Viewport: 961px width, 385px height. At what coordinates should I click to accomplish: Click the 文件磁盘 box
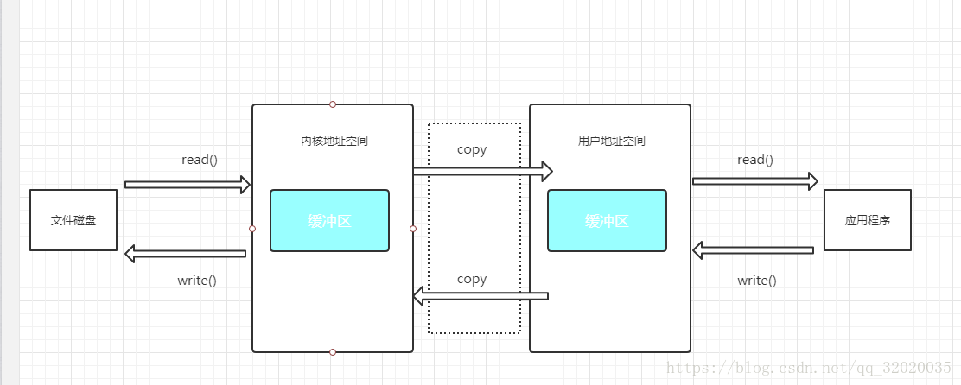coord(73,220)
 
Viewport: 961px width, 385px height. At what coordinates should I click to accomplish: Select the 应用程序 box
coord(867,220)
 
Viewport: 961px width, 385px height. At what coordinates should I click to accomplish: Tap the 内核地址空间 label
coord(334,141)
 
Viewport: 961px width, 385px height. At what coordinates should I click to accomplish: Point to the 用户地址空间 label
coord(611,141)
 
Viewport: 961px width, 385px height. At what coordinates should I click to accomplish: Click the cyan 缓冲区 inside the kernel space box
coord(329,221)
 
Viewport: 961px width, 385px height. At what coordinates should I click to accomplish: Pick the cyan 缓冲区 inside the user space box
coord(607,221)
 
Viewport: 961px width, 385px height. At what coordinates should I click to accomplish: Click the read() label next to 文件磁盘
coord(200,160)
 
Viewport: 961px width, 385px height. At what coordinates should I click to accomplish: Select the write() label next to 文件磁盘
coord(197,281)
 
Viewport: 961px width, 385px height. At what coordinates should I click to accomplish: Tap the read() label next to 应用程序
coord(754,160)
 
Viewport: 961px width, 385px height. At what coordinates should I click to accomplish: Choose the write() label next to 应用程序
coord(756,281)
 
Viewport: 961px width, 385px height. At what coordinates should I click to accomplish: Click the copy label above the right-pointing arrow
coord(472,149)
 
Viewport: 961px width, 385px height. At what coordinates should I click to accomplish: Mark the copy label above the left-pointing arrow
coord(472,279)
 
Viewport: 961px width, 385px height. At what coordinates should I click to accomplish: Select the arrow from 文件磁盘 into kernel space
coord(187,184)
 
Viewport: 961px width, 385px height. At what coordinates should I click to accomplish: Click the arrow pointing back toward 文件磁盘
coord(185,254)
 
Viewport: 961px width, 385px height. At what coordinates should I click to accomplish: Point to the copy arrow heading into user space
coord(482,172)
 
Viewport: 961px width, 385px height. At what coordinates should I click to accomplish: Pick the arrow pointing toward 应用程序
coord(754,180)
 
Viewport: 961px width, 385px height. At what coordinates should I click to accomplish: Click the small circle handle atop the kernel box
coord(333,104)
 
